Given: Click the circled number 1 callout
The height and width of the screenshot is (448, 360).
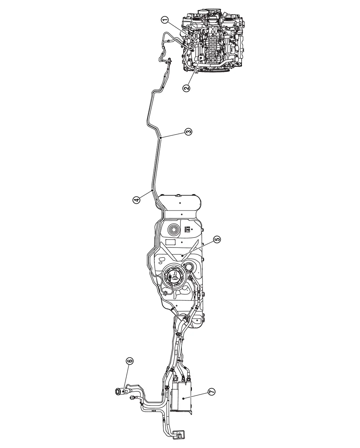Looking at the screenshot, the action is pos(165,20).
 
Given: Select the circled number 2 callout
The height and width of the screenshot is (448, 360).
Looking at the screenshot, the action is pos(186,88).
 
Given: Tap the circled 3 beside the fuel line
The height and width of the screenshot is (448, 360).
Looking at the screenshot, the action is pos(188,131).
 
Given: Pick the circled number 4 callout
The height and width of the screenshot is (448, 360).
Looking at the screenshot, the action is pos(137,200).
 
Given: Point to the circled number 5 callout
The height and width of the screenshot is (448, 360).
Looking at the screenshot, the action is pos(217,239).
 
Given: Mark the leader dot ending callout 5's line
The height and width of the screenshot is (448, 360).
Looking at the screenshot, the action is pos(182,255).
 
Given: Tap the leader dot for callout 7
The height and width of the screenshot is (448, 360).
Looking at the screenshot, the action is pos(183,398).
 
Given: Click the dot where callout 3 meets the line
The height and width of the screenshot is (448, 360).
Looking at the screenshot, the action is pos(161,137).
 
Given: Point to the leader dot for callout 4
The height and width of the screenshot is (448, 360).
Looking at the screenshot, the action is pos(152,190).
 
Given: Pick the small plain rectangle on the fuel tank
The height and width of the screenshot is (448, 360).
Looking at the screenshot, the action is pos(171,242).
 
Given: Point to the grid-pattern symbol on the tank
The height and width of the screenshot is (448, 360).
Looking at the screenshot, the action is pos(187,229).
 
